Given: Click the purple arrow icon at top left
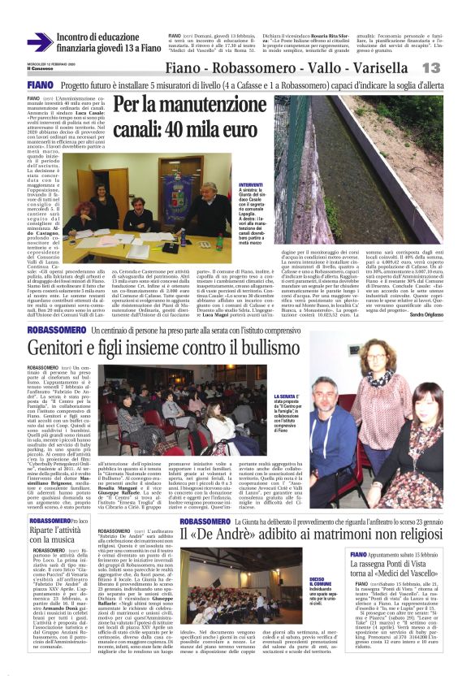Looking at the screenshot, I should (x=38, y=41).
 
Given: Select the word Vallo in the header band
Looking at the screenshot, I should (x=323, y=67).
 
